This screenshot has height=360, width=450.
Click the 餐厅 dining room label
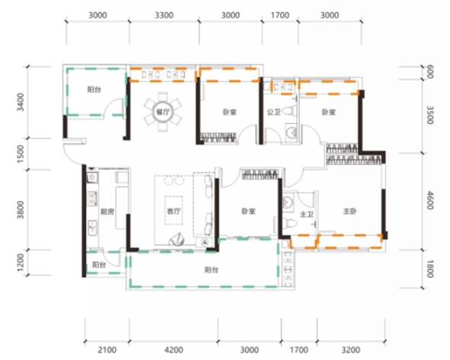(162, 112)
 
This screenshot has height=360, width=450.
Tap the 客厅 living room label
(174, 212)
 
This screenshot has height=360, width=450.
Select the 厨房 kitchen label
(107, 212)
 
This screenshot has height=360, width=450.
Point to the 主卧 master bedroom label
(349, 212)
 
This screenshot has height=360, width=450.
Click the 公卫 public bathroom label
(273, 112)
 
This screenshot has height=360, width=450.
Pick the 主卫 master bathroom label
(307, 215)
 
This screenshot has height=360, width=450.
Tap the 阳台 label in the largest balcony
(212, 270)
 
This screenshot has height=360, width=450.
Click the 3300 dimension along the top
(164, 15)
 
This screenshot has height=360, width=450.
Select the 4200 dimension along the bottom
(174, 349)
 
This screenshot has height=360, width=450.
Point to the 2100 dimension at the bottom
(107, 349)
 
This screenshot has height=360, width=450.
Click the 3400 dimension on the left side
(21, 102)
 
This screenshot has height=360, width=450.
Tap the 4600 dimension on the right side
(429, 200)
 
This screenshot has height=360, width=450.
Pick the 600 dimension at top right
(429, 72)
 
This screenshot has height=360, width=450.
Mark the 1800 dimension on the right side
(429, 269)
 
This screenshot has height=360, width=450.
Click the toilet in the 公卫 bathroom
(289, 110)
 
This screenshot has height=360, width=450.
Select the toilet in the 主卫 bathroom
(289, 222)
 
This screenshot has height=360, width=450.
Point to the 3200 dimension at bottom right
(351, 349)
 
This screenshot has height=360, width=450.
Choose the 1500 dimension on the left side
(21, 154)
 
